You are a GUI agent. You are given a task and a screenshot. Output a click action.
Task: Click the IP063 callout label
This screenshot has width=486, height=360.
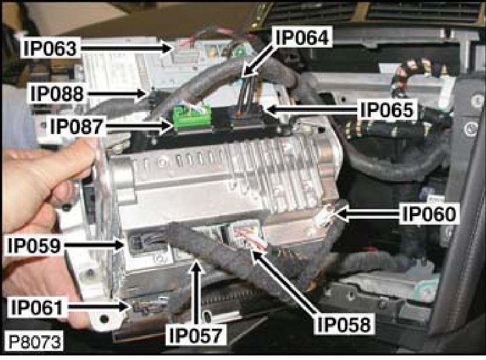50,48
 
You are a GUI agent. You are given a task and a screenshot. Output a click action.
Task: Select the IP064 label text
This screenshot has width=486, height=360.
302,37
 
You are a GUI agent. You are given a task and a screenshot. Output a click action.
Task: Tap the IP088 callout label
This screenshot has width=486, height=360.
57,93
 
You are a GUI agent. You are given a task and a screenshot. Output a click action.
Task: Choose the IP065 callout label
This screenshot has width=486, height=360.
388,110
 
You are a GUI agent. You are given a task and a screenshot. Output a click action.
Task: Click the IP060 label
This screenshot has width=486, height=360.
429,214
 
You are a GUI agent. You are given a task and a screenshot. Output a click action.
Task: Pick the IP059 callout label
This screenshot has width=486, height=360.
34,245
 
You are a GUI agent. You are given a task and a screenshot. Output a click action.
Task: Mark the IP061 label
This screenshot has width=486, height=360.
37,307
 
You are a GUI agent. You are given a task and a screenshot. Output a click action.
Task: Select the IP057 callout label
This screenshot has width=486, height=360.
196,335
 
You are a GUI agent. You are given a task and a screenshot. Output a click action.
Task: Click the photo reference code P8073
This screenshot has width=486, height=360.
34,342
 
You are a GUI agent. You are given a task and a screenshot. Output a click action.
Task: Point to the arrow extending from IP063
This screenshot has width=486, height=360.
126,48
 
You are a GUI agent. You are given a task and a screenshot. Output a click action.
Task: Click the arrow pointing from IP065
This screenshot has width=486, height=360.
312,109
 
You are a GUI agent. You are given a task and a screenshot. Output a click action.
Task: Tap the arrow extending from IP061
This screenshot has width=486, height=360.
98,307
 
